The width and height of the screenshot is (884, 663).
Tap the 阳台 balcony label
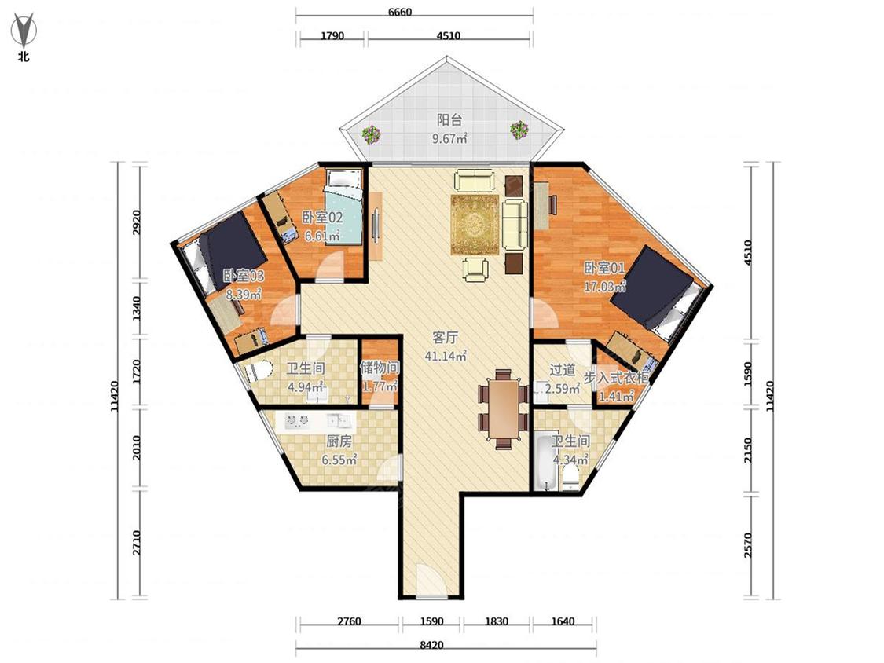[x=449, y=120]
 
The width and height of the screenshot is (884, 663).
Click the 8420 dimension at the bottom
[x=432, y=645]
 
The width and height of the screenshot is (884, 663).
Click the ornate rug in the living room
[x=475, y=225]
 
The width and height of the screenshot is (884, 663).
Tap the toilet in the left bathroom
[x=257, y=371]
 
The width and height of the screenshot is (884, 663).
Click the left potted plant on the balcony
[x=371, y=134]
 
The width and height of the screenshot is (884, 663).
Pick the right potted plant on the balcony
[x=519, y=130]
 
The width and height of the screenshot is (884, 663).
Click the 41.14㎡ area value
[x=446, y=357]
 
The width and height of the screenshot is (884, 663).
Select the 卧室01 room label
[x=604, y=268]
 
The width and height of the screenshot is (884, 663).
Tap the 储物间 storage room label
[x=380, y=368]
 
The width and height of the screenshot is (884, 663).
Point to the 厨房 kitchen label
[x=339, y=441]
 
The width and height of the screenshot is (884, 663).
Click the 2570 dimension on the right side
[x=748, y=545]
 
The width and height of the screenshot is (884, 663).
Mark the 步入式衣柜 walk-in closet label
[x=615, y=378]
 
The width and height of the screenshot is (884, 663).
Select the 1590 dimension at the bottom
[x=432, y=621]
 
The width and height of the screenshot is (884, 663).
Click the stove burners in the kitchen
[x=298, y=420]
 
